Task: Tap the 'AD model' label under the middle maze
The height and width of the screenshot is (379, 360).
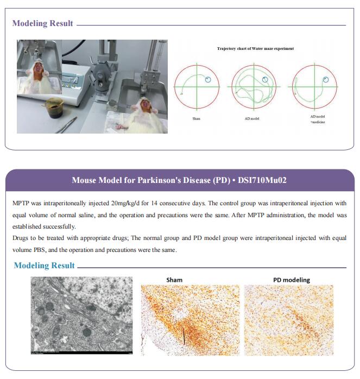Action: pyautogui.click(x=252, y=118)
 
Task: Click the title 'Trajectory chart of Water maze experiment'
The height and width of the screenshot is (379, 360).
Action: pyautogui.click(x=255, y=49)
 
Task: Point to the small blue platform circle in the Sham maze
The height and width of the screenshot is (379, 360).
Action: pyautogui.click(x=209, y=80)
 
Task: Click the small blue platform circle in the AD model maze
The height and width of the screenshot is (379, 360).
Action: pyautogui.click(x=265, y=79)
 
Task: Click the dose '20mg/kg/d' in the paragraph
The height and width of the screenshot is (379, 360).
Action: pyautogui.click(x=149, y=203)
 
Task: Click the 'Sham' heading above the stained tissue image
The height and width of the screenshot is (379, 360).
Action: pyautogui.click(x=174, y=280)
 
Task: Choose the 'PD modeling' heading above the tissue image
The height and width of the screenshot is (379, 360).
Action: pyautogui.click(x=291, y=280)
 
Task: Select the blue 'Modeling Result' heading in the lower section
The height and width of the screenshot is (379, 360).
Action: pyautogui.click(x=45, y=266)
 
